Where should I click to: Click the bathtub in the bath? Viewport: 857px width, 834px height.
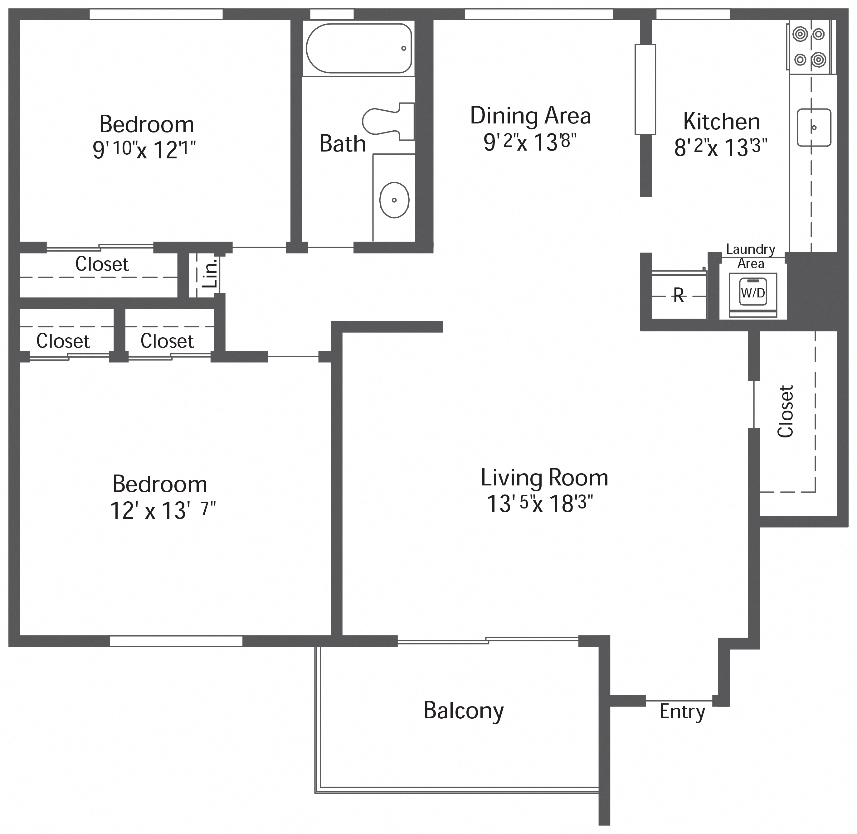click(358, 48)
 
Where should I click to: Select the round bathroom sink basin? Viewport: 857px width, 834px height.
click(394, 200)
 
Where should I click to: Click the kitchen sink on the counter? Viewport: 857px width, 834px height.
click(814, 128)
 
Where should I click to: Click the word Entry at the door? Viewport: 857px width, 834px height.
click(682, 711)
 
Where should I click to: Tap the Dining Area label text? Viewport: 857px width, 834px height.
click(530, 116)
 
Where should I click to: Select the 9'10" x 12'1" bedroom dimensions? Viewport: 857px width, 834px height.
click(144, 150)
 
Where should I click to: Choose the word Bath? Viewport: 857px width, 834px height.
click(342, 144)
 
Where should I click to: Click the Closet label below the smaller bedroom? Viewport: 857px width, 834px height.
click(102, 264)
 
